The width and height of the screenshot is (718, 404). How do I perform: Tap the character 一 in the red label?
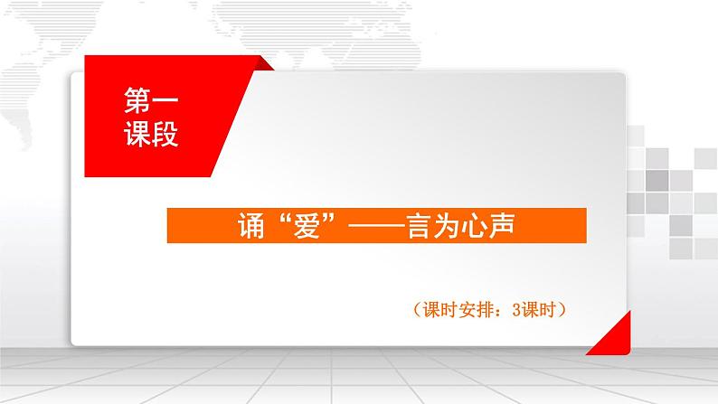[x=165, y=102]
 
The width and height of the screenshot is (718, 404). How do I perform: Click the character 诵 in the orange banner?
[x=247, y=225]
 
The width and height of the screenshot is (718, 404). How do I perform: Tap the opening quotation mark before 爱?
[x=277, y=220]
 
